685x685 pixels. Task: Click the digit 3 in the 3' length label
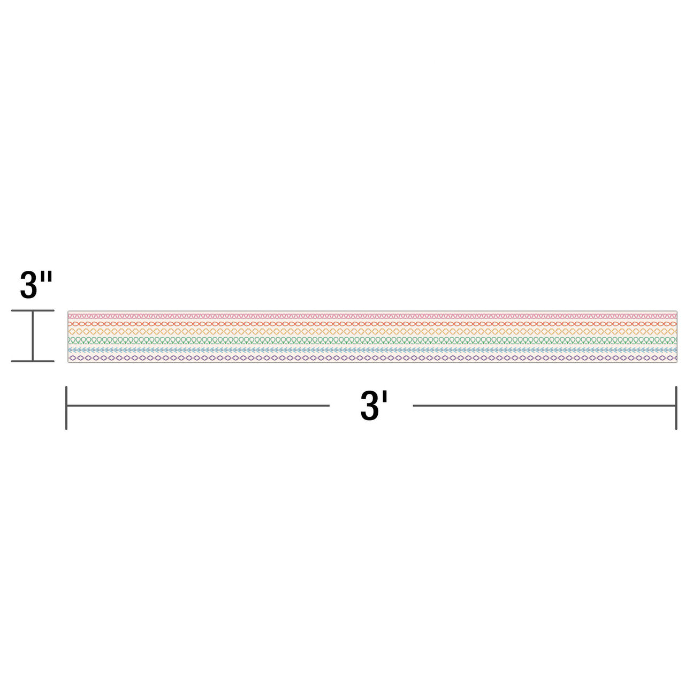[369, 406]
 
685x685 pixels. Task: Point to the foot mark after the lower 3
[384, 398]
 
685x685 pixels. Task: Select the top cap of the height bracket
[33, 310]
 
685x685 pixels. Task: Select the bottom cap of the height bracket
[33, 361]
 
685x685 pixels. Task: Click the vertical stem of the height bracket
[33, 336]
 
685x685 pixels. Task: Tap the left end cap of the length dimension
[66, 407]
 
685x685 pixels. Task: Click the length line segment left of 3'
[198, 406]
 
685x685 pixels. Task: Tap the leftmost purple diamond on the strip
[72, 357]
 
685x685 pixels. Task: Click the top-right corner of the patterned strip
[676, 311]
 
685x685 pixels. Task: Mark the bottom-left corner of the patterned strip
[68, 362]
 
